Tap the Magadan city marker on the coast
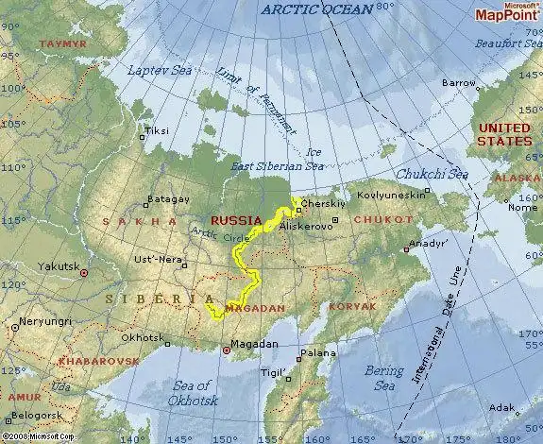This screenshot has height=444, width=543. click(x=226, y=350)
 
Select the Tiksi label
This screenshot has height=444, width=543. click(x=156, y=131)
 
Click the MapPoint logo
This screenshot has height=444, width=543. click(x=507, y=12)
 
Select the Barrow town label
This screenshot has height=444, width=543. click(x=459, y=83)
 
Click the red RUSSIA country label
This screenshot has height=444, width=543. click(x=236, y=220)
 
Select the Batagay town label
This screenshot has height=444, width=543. click(x=167, y=200)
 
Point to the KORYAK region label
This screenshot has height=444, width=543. click(x=353, y=306)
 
